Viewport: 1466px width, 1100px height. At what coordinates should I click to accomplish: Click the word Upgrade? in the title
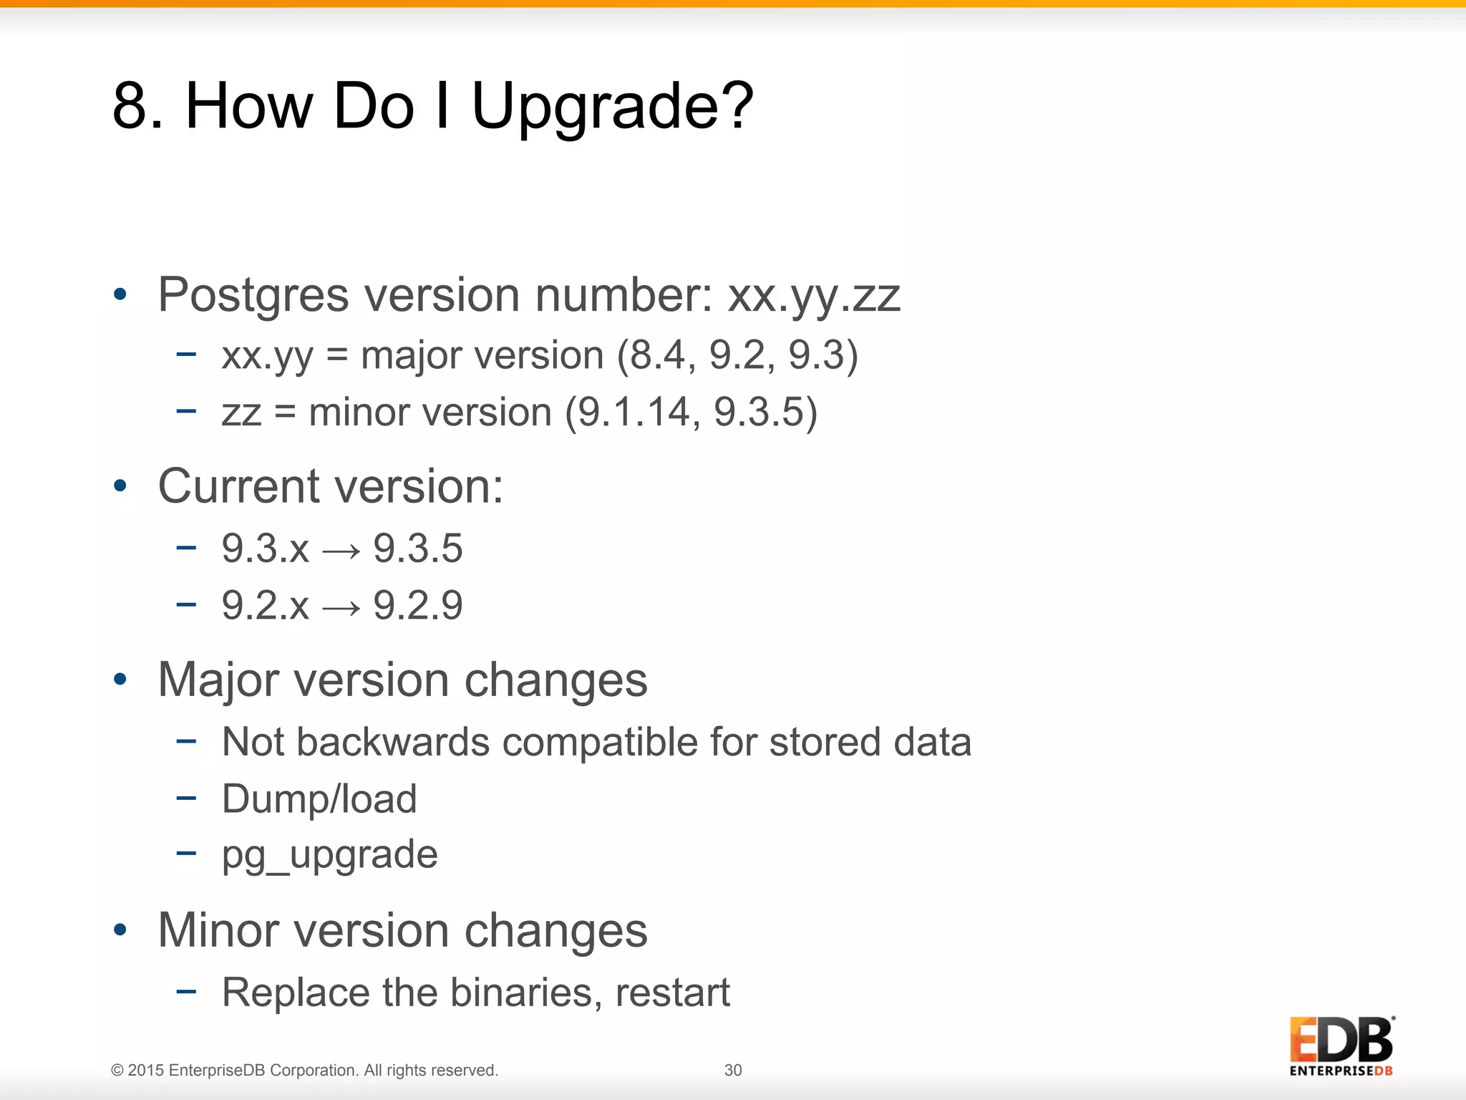(612, 107)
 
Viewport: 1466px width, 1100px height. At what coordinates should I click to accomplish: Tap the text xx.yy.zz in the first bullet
(813, 296)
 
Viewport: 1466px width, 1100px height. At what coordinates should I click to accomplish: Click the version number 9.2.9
(418, 606)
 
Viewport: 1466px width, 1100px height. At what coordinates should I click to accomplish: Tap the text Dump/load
(319, 799)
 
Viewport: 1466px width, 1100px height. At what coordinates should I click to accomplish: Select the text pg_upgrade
(329, 855)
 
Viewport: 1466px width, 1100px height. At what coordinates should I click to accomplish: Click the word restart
(672, 993)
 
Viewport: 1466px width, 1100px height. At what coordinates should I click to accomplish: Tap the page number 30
(733, 1070)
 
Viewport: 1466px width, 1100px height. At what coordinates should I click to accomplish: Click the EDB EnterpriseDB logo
(1341, 1046)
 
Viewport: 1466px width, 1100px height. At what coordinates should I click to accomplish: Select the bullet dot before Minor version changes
(120, 930)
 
